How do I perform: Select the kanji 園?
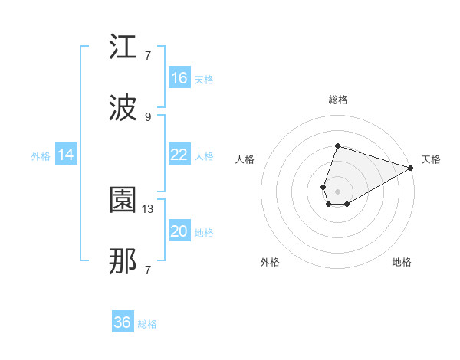[123, 201]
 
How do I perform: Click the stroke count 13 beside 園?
[148, 208]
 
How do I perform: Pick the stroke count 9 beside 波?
[148, 116]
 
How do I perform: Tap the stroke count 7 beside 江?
[148, 55]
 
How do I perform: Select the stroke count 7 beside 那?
[148, 270]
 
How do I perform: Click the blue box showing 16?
[179, 78]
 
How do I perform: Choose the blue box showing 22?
[179, 155]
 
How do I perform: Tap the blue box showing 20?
[179, 231]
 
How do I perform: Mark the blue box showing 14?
[66, 155]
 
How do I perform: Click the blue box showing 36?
[123, 322]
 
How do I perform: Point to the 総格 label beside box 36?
[147, 324]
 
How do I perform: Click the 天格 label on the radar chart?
[431, 159]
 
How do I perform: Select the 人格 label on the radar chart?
[245, 159]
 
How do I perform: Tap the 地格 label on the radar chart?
[402, 262]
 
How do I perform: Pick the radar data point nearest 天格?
[412, 167]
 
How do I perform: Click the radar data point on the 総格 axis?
[337, 146]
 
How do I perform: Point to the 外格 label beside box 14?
[41, 156]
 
